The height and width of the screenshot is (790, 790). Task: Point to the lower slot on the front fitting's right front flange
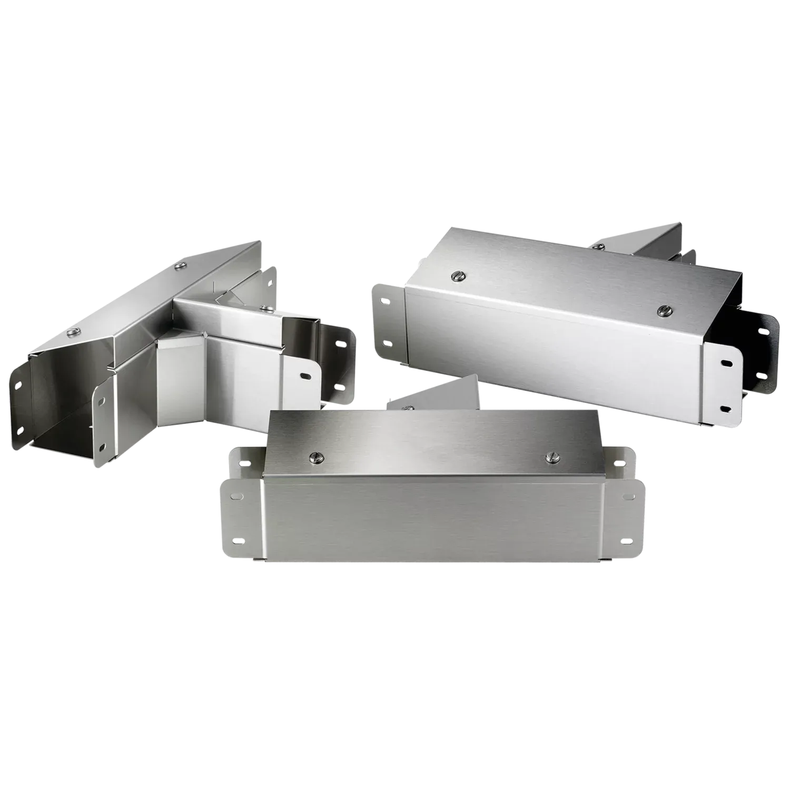click(627, 541)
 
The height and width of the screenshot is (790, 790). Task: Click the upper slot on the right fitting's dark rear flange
click(761, 333)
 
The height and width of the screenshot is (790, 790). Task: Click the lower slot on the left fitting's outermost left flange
click(21, 431)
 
